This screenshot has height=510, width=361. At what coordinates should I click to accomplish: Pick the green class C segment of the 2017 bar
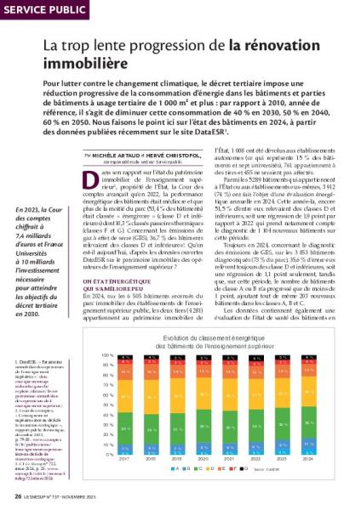[x=124, y=430]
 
